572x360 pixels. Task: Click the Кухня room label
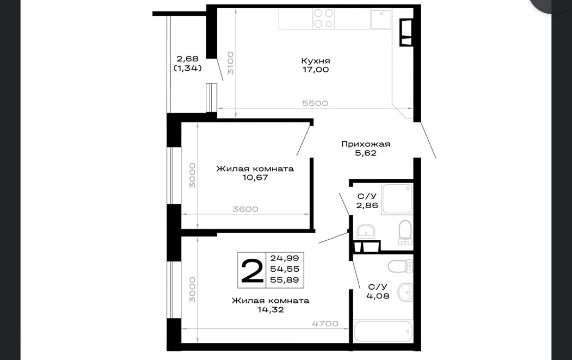(x=315, y=61)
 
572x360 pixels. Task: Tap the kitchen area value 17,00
(x=315, y=69)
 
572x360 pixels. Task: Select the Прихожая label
(x=366, y=144)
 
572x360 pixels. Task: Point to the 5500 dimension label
(x=315, y=103)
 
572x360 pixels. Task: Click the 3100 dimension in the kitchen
(x=230, y=63)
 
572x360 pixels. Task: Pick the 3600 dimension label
(x=245, y=209)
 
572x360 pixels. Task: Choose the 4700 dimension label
(x=326, y=323)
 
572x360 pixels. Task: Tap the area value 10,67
(x=255, y=177)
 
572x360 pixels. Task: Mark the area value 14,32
(x=270, y=310)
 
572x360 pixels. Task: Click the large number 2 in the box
(x=252, y=270)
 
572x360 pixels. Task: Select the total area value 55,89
(x=285, y=280)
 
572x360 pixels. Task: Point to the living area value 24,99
(x=285, y=258)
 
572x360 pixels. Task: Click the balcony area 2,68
(x=188, y=58)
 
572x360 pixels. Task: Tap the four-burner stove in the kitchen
(x=324, y=19)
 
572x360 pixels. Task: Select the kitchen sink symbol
(x=381, y=19)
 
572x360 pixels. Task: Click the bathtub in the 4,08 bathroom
(x=383, y=332)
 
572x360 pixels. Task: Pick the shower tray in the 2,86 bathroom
(x=397, y=199)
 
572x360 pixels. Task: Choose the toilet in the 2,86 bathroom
(x=405, y=233)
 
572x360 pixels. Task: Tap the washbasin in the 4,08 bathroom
(x=405, y=292)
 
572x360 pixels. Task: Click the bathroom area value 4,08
(x=377, y=296)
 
